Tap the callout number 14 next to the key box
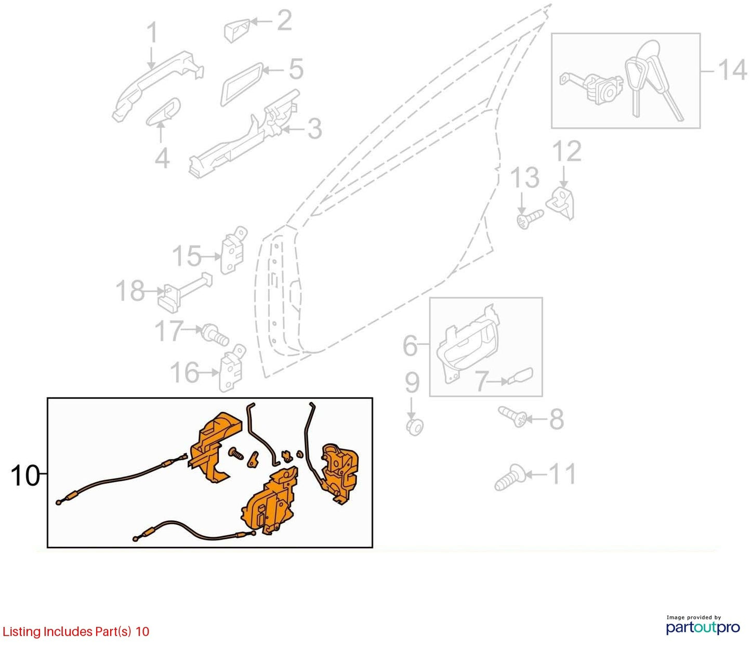click(731, 70)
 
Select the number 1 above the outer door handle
click(153, 32)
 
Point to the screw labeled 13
click(530, 219)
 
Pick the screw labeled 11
click(510, 477)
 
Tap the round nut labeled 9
click(415, 427)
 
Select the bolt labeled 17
click(215, 334)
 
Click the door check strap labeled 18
click(184, 293)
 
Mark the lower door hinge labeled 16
click(231, 368)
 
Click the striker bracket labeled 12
click(560, 203)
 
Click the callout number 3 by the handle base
click(314, 129)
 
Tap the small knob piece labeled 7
click(520, 376)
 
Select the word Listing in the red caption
click(22, 632)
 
